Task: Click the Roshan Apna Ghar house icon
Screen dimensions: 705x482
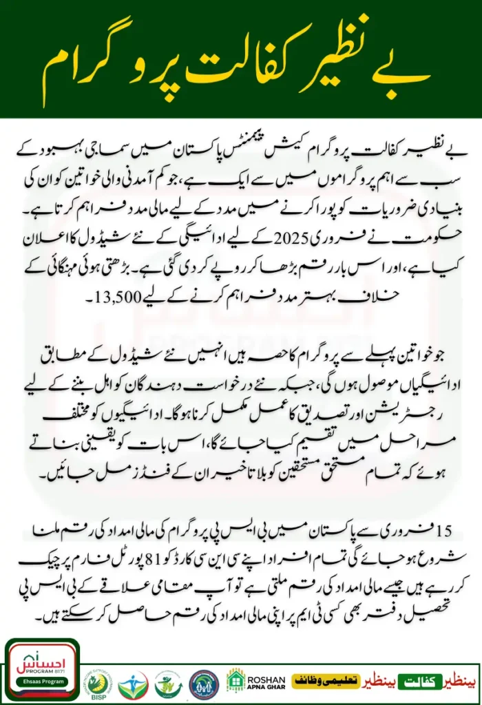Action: [236, 680]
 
